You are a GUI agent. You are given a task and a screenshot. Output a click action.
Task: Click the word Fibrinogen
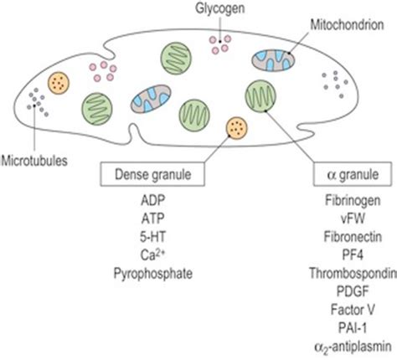click(x=346, y=203)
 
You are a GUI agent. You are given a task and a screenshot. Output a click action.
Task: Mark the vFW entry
click(x=346, y=220)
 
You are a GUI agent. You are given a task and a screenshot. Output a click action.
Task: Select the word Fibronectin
click(x=346, y=237)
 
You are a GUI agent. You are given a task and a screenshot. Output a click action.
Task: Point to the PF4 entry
click(x=346, y=254)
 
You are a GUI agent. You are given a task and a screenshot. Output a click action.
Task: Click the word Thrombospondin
click(x=346, y=271)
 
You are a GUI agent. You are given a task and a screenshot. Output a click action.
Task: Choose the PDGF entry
click(x=346, y=288)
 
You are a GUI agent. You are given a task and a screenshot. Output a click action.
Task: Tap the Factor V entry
click(x=346, y=305)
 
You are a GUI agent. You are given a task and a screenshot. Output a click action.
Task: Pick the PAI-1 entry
click(x=346, y=321)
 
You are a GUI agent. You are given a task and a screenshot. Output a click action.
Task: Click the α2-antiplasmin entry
click(x=346, y=339)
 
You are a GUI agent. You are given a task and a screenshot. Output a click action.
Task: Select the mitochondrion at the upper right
click(x=274, y=59)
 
